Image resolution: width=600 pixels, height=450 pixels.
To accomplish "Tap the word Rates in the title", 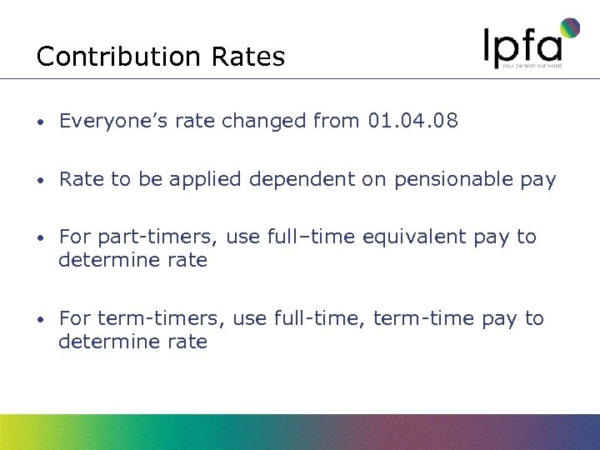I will [x=248, y=57].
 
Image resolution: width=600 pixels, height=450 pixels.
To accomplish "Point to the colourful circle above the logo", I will [x=569, y=28].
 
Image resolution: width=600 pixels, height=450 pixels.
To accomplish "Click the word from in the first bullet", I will [x=337, y=122].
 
